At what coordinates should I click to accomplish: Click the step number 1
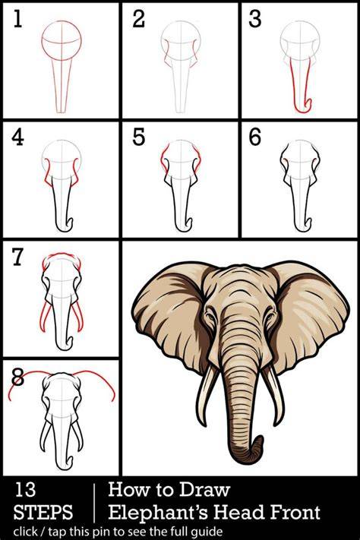(17, 19)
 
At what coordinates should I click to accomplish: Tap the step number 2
(138, 19)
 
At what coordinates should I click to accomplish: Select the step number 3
(255, 19)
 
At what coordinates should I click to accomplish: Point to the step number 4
(17, 137)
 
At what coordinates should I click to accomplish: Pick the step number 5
(139, 137)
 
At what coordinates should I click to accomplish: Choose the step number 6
(255, 137)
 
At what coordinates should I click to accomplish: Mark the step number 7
(18, 257)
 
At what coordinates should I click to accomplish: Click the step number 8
(17, 377)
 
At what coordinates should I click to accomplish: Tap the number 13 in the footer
(24, 490)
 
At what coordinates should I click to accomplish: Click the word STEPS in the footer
(43, 512)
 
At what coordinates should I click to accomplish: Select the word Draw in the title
(204, 489)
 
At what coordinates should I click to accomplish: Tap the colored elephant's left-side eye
(209, 316)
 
